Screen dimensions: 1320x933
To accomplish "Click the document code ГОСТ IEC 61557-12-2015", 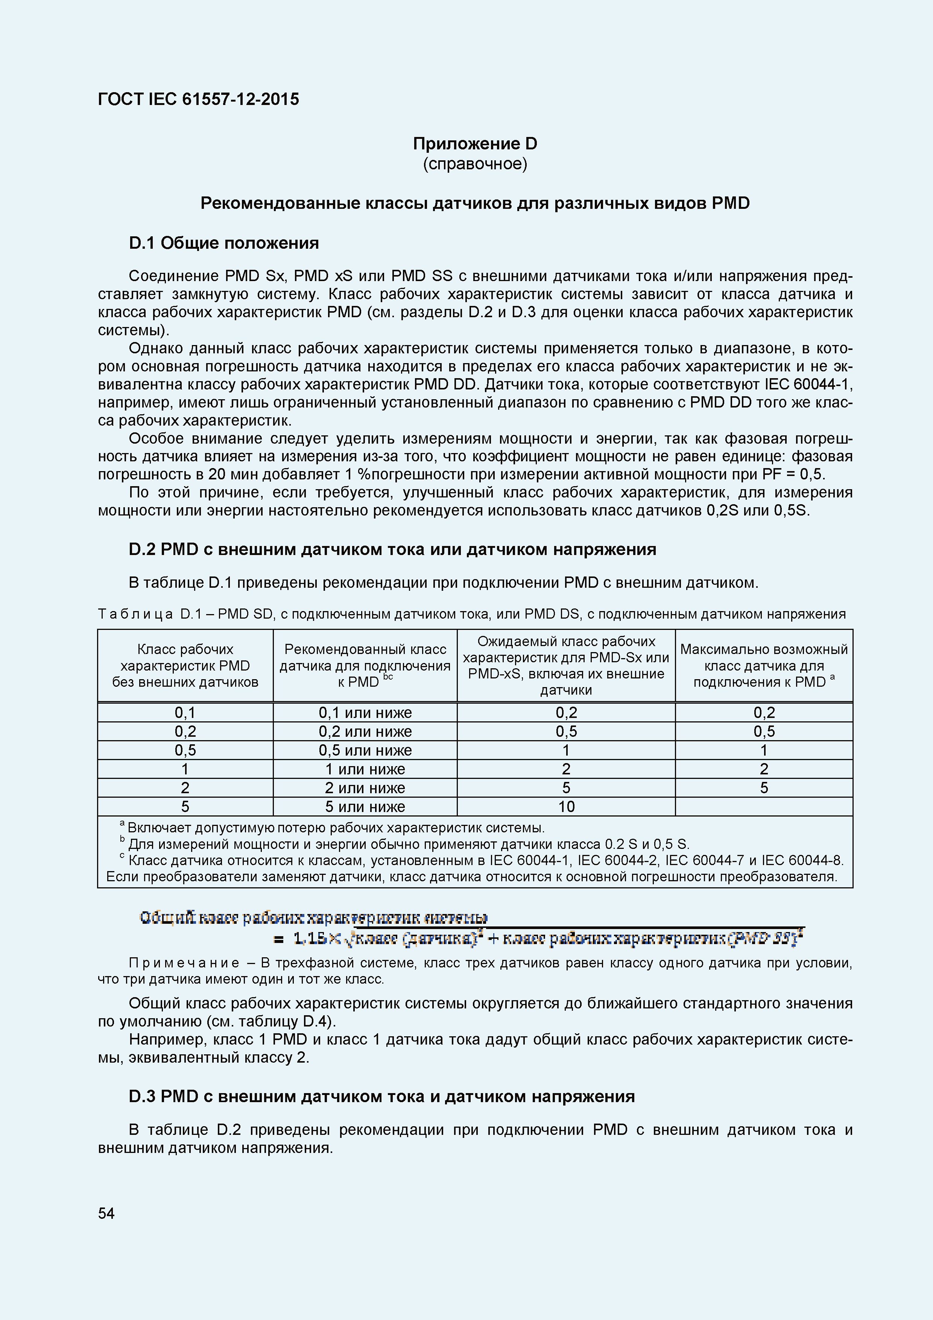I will pos(198,99).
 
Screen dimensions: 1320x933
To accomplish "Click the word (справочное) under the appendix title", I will pos(475,164).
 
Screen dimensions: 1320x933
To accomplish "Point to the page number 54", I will pos(106,1213).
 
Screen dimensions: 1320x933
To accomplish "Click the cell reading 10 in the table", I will pos(566,807).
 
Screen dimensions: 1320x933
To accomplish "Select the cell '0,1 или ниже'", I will pos(365,713).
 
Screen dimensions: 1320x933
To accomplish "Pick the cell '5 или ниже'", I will pos(365,807).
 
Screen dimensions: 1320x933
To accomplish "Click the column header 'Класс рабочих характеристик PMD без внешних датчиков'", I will pos(185,666).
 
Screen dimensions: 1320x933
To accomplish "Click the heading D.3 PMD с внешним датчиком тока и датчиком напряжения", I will pos(382,1096).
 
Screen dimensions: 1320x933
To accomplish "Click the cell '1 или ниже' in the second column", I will pos(365,769).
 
